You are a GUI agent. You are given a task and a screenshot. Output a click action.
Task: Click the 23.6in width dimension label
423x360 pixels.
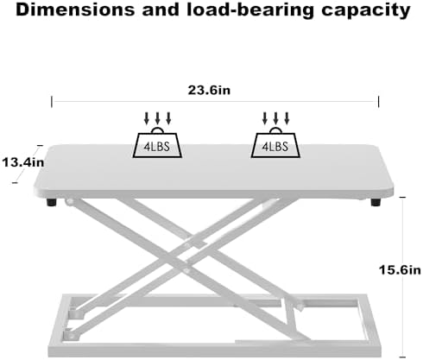coord(209,90)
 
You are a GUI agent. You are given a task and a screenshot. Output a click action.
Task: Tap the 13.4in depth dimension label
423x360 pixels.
coord(23,162)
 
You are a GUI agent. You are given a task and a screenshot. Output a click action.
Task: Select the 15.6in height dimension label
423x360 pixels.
coord(400,270)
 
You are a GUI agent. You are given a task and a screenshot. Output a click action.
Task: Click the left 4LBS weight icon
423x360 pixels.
coord(157,142)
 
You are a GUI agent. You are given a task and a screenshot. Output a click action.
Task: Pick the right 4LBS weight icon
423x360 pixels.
coord(275,142)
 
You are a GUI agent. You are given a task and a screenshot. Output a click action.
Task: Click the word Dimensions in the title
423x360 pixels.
coord(75,10)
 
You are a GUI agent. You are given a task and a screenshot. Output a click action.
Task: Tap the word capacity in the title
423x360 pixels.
coord(366,10)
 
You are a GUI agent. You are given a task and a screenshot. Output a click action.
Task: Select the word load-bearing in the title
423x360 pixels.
coord(250,10)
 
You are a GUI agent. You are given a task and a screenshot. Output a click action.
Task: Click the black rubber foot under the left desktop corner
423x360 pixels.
coord(52,202)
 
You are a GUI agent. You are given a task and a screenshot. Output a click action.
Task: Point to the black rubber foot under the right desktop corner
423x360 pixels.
coord(376,202)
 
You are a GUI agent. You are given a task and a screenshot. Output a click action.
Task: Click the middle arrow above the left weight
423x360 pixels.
coord(157,118)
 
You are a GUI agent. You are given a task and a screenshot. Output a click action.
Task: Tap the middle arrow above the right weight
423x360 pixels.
coord(275,118)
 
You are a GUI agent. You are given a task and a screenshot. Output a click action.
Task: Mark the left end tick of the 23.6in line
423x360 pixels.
coord(52,102)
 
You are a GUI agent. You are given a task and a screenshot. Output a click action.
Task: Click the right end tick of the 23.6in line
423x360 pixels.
coord(378,102)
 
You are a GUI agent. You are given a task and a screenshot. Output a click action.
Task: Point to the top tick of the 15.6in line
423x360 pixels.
coord(402,197)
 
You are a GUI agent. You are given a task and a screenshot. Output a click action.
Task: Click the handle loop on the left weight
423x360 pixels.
coord(157,129)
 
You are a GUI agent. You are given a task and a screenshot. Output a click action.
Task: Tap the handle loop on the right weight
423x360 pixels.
coord(275,129)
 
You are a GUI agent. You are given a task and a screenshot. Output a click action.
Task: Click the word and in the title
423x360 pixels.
coord(161,10)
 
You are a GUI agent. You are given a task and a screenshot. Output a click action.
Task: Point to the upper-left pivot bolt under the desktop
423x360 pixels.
coord(69,202)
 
